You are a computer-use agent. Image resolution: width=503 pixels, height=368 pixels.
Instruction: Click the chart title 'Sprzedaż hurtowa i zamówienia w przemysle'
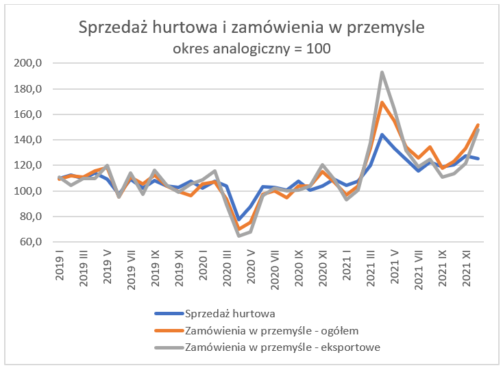(x=251, y=28)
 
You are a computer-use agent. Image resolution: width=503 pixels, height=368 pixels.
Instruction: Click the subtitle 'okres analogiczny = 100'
(x=251, y=49)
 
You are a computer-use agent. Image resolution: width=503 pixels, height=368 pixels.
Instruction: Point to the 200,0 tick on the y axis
(x=29, y=64)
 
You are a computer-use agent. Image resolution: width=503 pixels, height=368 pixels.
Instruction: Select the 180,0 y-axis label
(x=29, y=89)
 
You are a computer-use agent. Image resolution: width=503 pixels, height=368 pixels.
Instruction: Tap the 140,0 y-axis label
(x=29, y=140)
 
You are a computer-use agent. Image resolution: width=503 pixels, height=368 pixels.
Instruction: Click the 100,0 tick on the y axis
(x=29, y=191)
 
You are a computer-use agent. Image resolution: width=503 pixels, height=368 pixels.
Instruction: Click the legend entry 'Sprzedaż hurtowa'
(x=231, y=314)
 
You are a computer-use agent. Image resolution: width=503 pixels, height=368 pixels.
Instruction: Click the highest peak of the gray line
(x=382, y=73)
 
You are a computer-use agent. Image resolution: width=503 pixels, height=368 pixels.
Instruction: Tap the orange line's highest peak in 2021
(x=382, y=103)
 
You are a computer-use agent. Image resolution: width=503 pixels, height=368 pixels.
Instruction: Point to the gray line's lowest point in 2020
(x=239, y=236)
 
